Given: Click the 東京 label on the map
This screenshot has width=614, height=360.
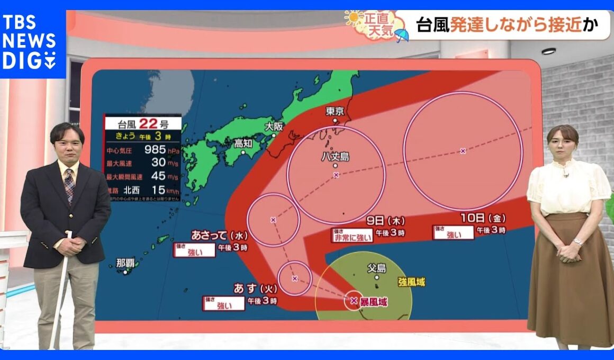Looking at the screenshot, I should click(x=335, y=111).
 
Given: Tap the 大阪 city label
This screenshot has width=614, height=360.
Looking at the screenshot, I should click(x=274, y=127).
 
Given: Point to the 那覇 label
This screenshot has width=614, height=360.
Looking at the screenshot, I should click(x=125, y=263).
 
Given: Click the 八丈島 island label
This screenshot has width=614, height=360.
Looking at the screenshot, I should click(x=335, y=156).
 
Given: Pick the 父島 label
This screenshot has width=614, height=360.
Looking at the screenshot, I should click(x=376, y=268).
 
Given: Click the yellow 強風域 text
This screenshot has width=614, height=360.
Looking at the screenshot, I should click(x=411, y=282).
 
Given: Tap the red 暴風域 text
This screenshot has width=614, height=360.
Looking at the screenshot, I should click(x=374, y=302).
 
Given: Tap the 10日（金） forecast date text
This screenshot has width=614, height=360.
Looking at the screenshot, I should click(x=481, y=217).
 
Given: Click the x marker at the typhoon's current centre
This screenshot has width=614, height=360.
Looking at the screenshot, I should click(x=354, y=301).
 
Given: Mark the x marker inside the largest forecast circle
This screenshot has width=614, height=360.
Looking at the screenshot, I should click(x=463, y=151).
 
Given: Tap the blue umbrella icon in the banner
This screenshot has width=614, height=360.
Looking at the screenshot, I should click(x=402, y=35).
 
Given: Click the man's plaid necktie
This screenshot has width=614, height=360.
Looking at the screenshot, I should click(x=69, y=185).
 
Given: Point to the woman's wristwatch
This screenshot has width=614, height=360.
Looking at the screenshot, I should click(x=577, y=242).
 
